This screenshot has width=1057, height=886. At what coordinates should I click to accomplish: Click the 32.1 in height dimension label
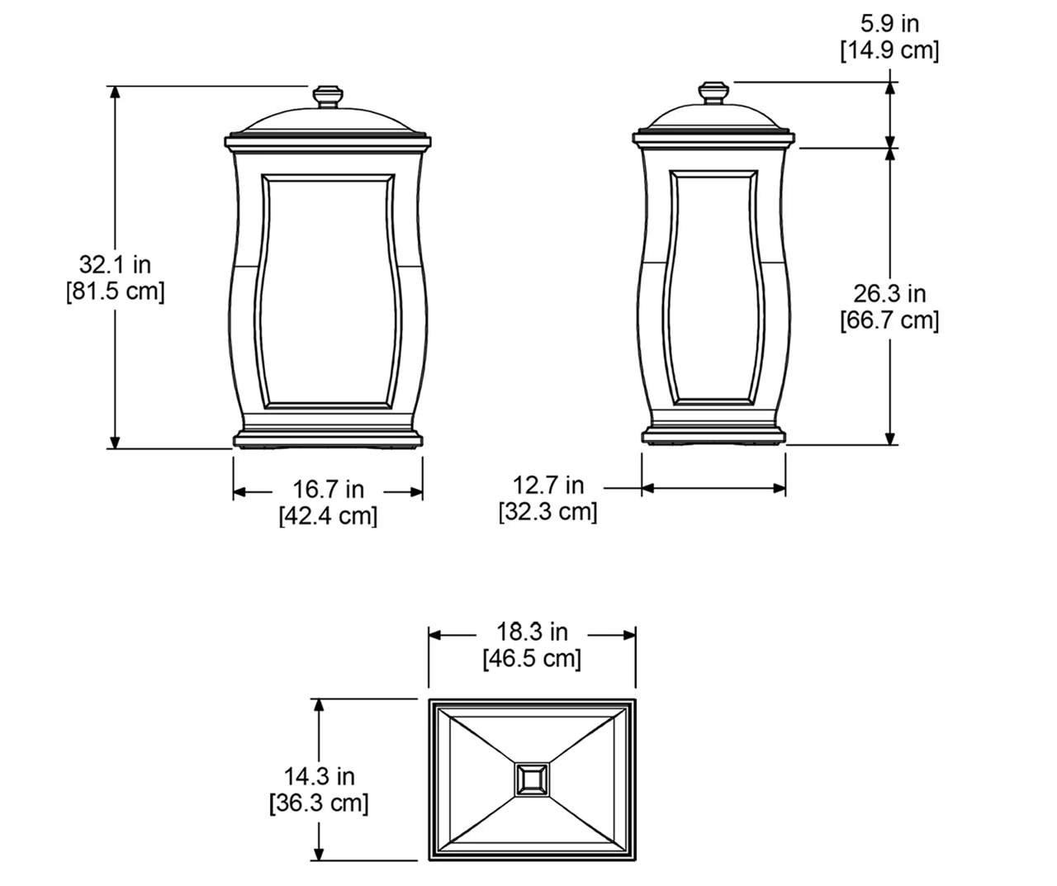coord(115,264)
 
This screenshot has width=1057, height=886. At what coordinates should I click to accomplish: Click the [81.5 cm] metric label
coord(115,291)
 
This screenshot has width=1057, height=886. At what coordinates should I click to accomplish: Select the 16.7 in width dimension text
coord(328,490)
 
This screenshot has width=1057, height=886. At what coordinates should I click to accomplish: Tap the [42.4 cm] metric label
coord(328,516)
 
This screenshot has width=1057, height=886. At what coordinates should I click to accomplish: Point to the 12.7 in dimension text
coord(548,485)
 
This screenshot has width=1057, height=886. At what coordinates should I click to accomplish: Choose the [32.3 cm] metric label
coord(547,511)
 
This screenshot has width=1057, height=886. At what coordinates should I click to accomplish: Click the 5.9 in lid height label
coord(889,23)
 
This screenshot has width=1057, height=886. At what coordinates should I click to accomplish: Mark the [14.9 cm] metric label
coord(889,50)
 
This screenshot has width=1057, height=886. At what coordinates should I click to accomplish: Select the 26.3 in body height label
coord(889,293)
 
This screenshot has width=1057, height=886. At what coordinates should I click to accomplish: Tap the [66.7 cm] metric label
coord(889,320)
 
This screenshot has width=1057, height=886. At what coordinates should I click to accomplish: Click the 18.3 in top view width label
coord(532,632)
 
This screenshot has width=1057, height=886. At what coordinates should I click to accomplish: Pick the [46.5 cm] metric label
coord(532,659)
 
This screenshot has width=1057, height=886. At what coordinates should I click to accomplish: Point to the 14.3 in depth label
coord(319,776)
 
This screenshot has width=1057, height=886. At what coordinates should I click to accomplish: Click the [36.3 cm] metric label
coord(319,803)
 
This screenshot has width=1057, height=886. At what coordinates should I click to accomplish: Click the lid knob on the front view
coord(328,96)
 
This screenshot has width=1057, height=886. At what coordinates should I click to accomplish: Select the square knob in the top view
coord(531,779)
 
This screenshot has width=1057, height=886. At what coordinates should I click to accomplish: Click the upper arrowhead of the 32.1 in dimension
coord(116,92)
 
